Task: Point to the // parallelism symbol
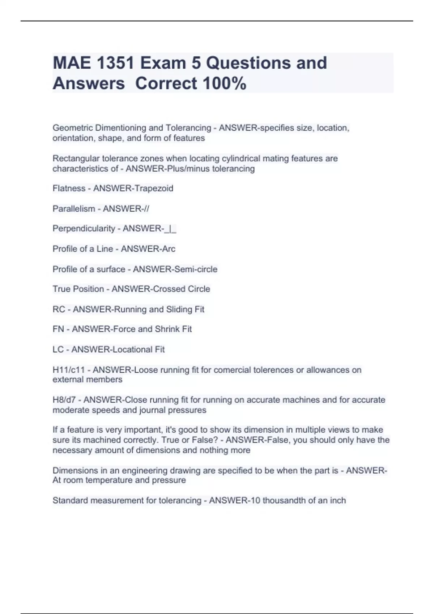pos(146,209)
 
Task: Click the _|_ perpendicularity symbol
pos(170,229)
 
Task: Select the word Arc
pos(168,249)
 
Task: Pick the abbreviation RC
pos(59,310)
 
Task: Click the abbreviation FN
pos(58,329)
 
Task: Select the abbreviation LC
pos(58,350)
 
